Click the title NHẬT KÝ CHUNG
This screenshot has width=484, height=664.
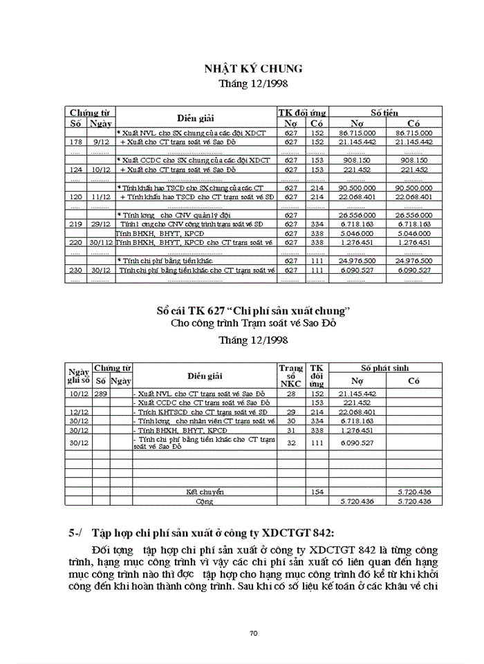[252, 68]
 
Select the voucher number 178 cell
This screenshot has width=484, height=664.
[76, 142]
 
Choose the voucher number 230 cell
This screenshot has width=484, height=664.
[76, 270]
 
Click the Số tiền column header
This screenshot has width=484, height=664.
[384, 112]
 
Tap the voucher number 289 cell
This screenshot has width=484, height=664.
[101, 394]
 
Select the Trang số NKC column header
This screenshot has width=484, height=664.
[290, 375]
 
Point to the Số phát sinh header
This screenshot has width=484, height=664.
[385, 369]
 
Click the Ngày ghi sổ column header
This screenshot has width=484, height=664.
[78, 375]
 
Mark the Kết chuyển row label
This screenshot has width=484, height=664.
[205, 492]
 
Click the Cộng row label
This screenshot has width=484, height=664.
[205, 501]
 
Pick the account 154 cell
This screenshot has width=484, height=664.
[317, 492]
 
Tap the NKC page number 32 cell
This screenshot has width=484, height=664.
[290, 442]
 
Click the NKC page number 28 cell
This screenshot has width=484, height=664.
[290, 394]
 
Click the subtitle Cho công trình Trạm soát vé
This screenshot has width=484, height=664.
[252, 323]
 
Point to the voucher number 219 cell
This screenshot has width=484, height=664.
[76, 224]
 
